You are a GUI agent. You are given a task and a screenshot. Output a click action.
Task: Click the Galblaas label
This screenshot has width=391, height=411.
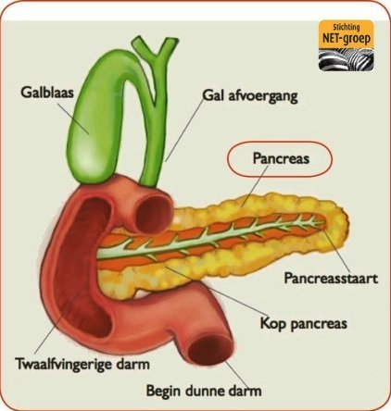[x=47, y=93]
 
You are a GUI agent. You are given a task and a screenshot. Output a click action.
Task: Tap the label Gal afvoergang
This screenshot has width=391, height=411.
[x=250, y=96]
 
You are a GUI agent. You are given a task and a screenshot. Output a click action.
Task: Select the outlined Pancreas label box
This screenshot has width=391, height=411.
[x=280, y=159]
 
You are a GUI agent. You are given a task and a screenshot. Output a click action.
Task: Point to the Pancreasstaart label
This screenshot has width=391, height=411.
[x=331, y=279]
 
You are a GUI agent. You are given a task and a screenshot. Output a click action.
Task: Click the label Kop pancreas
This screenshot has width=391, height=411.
[x=304, y=324]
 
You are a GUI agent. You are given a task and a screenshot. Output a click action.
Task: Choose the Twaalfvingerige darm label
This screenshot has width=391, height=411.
[x=82, y=365]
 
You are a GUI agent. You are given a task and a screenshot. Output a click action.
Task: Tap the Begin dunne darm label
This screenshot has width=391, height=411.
[x=204, y=391]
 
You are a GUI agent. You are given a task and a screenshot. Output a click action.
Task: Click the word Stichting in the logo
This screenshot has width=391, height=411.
[x=347, y=28]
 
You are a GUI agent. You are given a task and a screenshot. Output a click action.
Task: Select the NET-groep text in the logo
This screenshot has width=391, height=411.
[x=347, y=39]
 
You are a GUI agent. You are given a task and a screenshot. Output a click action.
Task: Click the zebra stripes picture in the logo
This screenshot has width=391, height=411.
[x=347, y=59]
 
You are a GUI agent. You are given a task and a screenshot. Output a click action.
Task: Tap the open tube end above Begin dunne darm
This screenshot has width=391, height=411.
[x=211, y=351]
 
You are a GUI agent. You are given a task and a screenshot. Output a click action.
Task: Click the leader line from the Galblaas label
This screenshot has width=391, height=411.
[x=72, y=118]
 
